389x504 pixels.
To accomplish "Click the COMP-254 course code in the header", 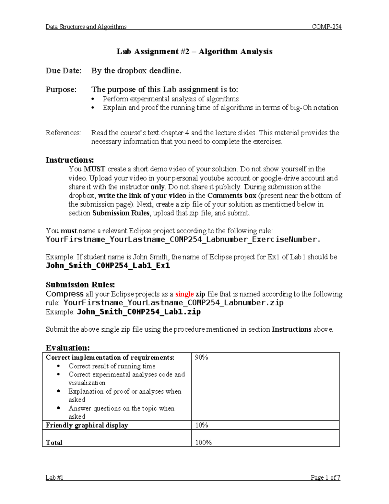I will point(326,27).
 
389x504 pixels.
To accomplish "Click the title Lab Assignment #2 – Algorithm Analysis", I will point(194,52).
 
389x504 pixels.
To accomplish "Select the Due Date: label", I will point(64,71).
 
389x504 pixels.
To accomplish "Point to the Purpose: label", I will point(61,90).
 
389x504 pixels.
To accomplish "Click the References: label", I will point(64,133).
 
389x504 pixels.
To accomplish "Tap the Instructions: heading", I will point(70,160).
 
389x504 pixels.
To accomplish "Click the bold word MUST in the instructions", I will point(94,169).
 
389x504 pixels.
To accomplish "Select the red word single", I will point(184,294).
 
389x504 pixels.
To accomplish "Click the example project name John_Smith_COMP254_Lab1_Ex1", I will point(108,265).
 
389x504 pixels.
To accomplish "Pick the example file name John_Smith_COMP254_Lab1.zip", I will point(139,312).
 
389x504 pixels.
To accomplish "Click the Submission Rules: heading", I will point(80,285).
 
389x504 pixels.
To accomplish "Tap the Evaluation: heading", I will point(67,348).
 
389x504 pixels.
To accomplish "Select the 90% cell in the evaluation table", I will point(201,358).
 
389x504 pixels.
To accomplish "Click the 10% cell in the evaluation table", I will point(201,425).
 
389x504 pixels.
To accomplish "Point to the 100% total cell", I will point(203,443).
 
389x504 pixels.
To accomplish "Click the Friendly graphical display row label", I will point(87,425).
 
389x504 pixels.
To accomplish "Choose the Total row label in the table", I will point(54,443).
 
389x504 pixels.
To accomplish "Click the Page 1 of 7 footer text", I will point(325,477).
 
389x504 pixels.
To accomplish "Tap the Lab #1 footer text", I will point(54,477).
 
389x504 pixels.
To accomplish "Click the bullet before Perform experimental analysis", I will point(93,99).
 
